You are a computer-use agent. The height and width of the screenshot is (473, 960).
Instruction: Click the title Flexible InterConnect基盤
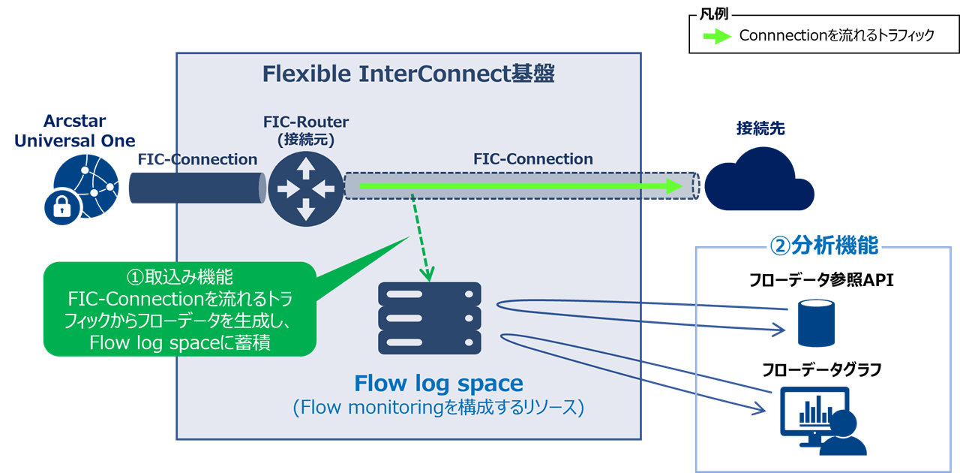click(x=408, y=74)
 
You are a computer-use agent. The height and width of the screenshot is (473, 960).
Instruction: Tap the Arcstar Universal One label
click(x=74, y=131)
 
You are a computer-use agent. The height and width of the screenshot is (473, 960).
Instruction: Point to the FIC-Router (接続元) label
click(x=305, y=130)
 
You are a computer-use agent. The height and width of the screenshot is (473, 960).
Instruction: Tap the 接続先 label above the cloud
click(x=760, y=128)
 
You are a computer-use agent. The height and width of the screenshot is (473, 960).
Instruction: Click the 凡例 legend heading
click(x=713, y=14)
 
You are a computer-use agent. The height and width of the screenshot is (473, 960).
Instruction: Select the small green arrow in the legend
click(x=716, y=37)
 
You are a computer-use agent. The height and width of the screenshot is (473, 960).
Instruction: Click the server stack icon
click(x=430, y=318)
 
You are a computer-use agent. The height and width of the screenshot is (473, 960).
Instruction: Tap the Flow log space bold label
click(x=438, y=384)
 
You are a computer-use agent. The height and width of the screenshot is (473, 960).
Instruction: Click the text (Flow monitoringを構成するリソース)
click(x=438, y=408)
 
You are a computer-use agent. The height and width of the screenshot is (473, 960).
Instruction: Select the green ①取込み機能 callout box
click(x=179, y=309)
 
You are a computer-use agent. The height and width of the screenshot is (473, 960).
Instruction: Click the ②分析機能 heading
click(x=823, y=246)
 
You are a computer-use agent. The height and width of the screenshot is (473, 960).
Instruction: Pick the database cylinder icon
click(x=815, y=323)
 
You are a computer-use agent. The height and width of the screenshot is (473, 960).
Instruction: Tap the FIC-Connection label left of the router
click(x=197, y=159)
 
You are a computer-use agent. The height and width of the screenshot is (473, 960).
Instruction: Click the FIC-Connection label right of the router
click(x=532, y=159)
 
